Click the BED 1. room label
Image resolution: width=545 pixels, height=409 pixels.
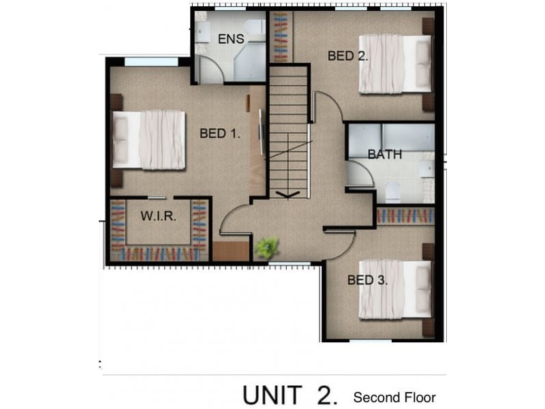[x=219, y=134]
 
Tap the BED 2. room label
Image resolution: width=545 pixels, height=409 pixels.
[x=347, y=56]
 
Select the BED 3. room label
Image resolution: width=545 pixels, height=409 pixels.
[x=367, y=279]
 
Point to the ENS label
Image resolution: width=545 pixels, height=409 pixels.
[x=231, y=39]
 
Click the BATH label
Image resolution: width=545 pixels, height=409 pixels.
[x=384, y=154]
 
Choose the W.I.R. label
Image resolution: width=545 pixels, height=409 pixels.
[x=159, y=217]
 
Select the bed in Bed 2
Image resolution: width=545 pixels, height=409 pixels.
[x=395, y=63]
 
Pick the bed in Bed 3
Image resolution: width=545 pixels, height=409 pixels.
[x=395, y=289]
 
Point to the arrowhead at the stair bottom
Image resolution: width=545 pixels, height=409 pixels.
[x=289, y=194]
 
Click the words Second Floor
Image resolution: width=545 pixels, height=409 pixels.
[x=394, y=397]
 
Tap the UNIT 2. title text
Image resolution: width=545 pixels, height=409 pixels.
[x=290, y=395]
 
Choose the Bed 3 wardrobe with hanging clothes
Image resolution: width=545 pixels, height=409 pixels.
[x=405, y=216]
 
